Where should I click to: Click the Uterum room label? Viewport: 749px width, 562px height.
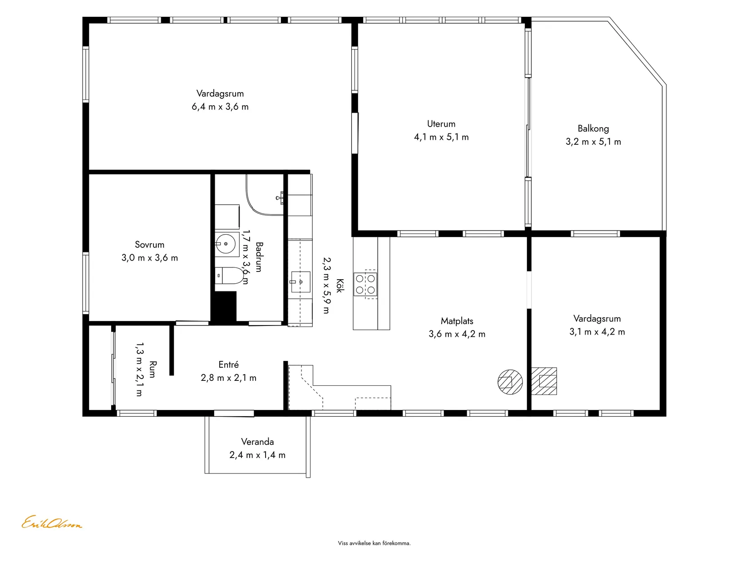[441, 124]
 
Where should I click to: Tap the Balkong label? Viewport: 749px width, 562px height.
[593, 128]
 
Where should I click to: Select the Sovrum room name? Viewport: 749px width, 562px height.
[149, 245]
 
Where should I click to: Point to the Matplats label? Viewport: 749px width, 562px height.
[457, 321]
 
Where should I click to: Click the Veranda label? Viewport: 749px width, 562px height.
[257, 442]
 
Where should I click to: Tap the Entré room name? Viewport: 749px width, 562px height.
[228, 365]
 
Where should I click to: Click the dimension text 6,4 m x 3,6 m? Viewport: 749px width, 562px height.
[220, 107]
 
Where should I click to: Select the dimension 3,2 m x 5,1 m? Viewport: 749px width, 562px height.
[593, 142]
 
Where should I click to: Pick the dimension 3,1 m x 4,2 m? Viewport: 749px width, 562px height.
[597, 332]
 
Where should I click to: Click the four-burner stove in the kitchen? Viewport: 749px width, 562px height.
[365, 284]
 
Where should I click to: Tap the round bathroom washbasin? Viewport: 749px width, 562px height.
[226, 244]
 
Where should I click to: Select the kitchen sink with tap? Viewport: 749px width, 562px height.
[301, 282]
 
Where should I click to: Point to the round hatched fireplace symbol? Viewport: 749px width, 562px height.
[510, 382]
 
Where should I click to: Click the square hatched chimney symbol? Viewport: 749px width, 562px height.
[544, 381]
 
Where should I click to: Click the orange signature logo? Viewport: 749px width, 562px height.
[52, 522]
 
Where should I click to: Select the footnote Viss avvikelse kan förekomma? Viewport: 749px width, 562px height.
[374, 543]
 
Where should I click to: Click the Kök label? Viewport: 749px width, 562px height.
[340, 286]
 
